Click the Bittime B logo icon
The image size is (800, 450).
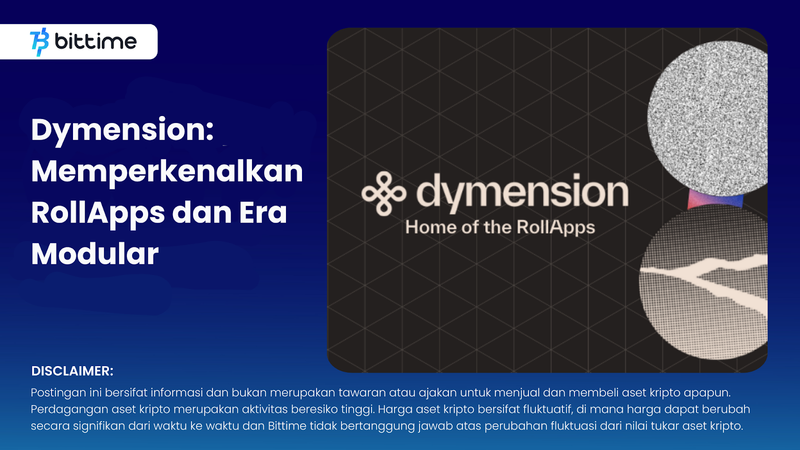pyautogui.click(x=39, y=42)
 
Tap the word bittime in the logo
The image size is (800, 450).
pyautogui.click(x=95, y=41)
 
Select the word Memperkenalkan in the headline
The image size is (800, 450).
pyautogui.click(x=167, y=172)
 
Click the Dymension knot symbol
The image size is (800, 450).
pyautogui.click(x=384, y=193)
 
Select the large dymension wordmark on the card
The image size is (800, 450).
pyautogui.click(x=522, y=193)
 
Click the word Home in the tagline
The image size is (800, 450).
pyautogui.click(x=430, y=227)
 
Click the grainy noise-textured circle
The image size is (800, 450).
pyautogui.click(x=707, y=118)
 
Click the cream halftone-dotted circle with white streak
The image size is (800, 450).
pyautogui.click(x=703, y=282)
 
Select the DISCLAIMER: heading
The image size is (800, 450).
pyautogui.click(x=72, y=371)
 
